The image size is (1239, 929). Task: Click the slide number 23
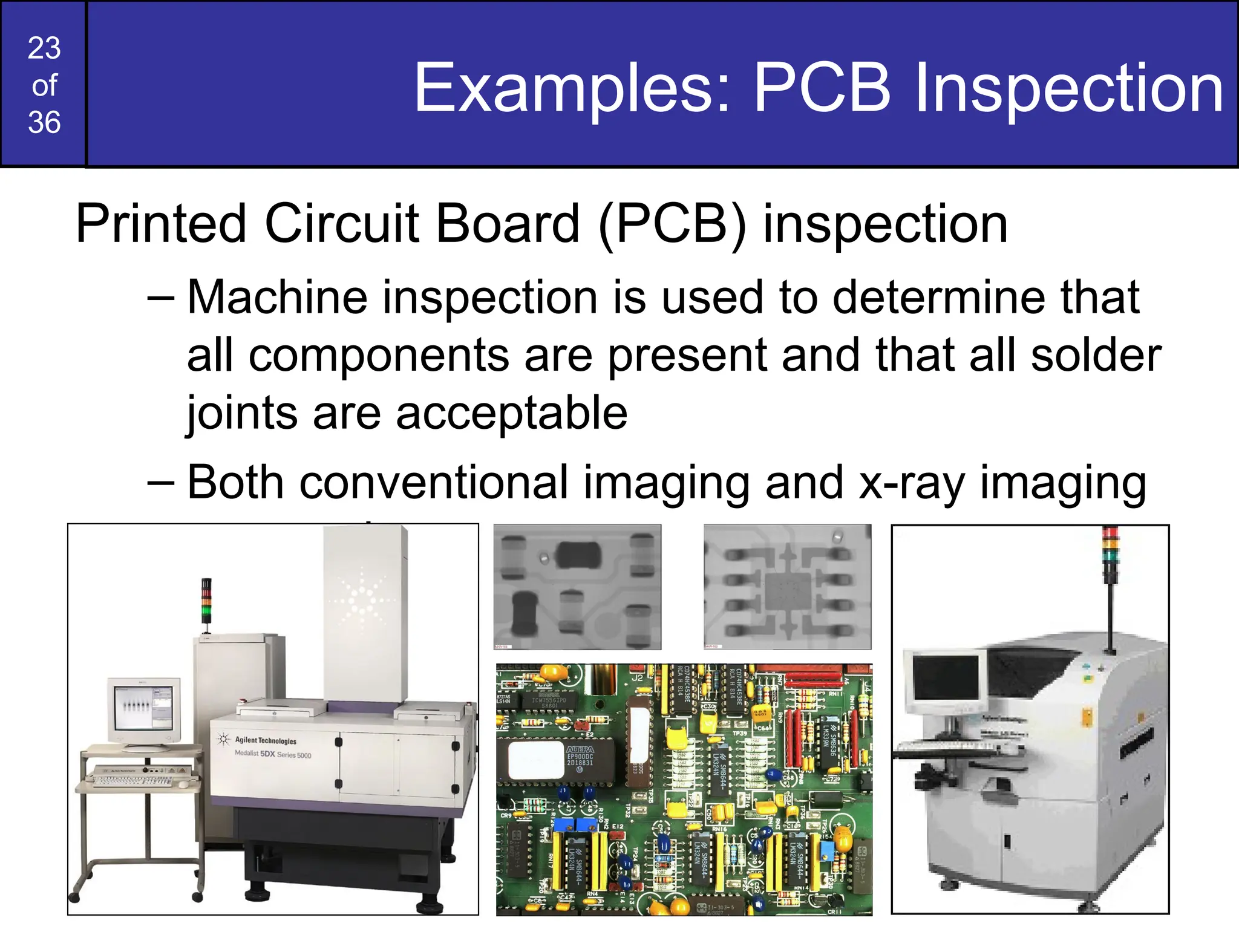[x=44, y=48]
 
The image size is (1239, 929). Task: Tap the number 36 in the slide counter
[x=44, y=122]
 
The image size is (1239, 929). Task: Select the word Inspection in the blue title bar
[x=1069, y=89]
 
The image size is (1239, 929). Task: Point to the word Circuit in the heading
[x=342, y=224]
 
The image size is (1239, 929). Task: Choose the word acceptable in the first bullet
[x=512, y=413]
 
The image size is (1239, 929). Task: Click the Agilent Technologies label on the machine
[x=265, y=740]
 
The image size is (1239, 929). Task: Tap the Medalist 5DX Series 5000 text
[x=273, y=754]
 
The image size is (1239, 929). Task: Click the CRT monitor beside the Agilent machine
[x=143, y=710]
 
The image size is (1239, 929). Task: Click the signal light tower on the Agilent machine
[x=206, y=601]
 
